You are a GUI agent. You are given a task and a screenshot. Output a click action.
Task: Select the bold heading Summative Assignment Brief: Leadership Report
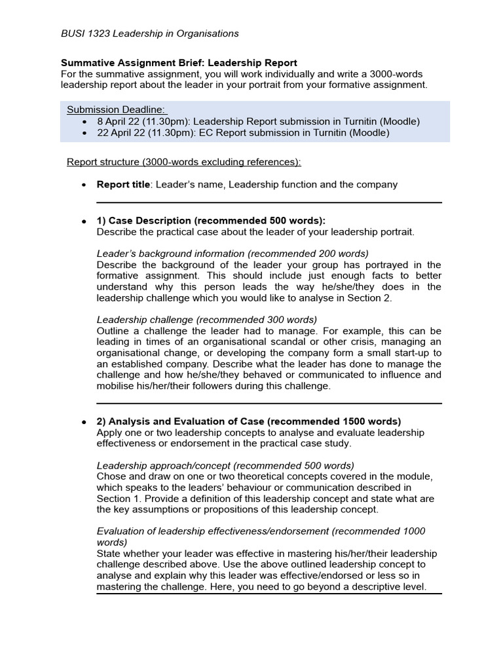click(179, 63)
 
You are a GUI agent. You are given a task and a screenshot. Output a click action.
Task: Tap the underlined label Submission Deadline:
click(117, 109)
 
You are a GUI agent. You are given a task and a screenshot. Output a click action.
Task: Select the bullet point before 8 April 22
click(84, 122)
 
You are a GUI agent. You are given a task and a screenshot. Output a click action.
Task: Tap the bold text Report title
click(123, 184)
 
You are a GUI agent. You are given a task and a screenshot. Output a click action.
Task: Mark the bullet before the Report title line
click(84, 185)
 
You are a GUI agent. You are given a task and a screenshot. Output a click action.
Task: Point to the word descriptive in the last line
click(375, 587)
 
